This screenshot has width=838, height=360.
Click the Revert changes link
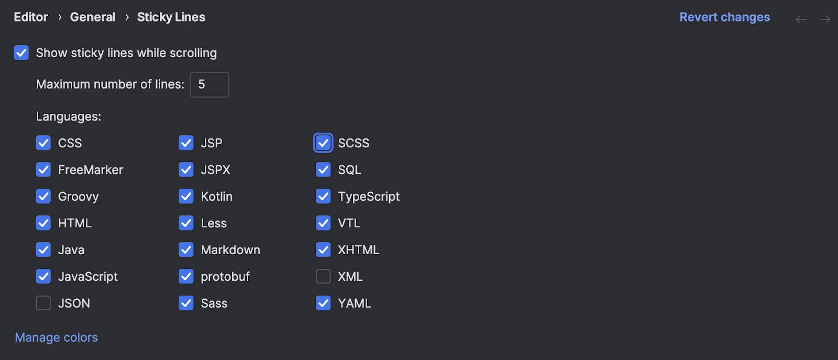click(725, 17)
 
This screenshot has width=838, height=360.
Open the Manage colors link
click(56, 337)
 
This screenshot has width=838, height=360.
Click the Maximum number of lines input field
click(209, 84)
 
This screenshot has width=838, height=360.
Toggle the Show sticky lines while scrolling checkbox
click(21, 53)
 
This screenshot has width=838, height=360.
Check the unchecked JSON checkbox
click(43, 303)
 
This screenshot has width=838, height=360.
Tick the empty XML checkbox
click(323, 277)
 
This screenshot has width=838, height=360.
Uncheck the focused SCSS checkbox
click(323, 143)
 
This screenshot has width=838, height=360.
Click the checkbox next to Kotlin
click(186, 197)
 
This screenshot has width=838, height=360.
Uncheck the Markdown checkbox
click(186, 249)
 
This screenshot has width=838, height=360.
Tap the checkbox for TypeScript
click(323, 197)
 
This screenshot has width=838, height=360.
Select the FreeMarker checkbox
click(43, 170)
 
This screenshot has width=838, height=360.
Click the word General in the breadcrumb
click(92, 17)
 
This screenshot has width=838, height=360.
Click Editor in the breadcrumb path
click(31, 17)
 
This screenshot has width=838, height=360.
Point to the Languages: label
click(69, 116)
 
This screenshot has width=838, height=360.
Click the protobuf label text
click(225, 277)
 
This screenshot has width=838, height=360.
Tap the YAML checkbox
click(323, 303)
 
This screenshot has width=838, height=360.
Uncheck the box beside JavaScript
click(43, 277)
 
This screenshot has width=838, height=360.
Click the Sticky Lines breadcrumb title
click(171, 17)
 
